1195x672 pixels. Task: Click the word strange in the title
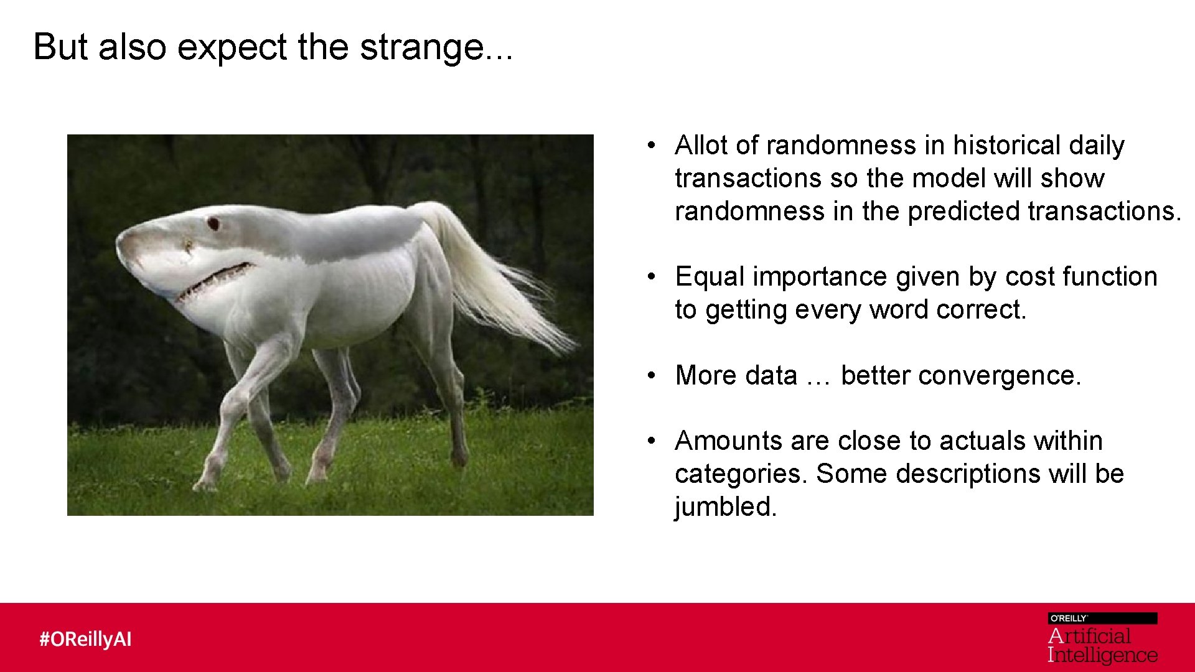[x=423, y=47]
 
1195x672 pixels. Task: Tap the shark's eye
[x=213, y=223]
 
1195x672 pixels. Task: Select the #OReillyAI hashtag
[x=86, y=639]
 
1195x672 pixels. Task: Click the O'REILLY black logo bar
[x=1102, y=618]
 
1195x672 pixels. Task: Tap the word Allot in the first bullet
[x=701, y=146]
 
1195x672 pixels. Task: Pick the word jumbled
[x=725, y=507]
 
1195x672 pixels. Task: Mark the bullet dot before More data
[x=651, y=376]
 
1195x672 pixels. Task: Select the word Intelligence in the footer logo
[x=1102, y=655]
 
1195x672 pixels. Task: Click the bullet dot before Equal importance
[x=651, y=277]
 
